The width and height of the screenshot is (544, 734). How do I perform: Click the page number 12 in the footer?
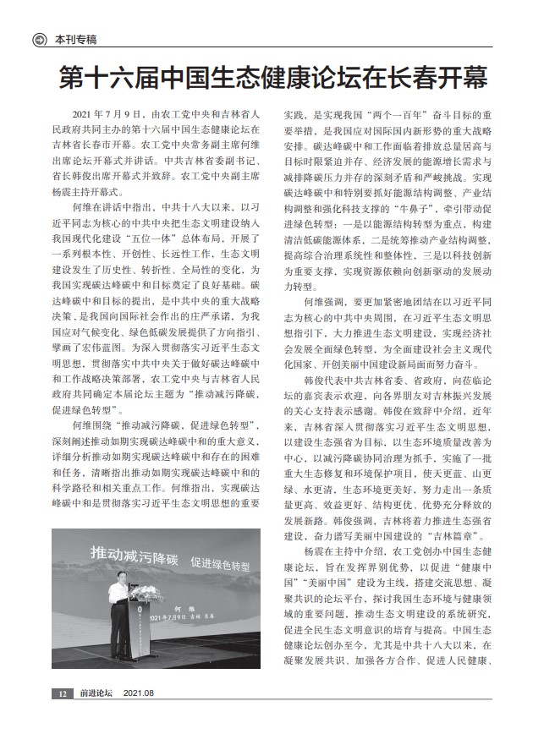[x=62, y=717]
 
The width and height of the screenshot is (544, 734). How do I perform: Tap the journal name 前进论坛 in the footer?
[x=96, y=717]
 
